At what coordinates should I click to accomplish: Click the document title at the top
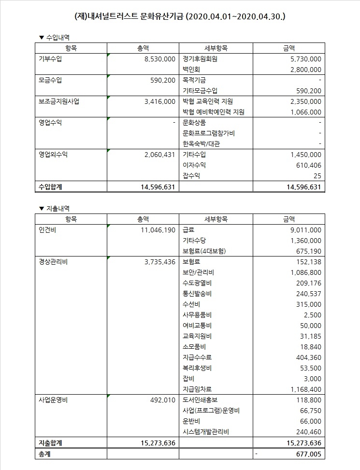180,16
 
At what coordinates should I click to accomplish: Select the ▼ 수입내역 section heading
57,37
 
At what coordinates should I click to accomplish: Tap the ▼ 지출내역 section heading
57,208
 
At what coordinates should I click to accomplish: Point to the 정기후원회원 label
200,59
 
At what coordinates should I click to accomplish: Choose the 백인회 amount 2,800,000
303,70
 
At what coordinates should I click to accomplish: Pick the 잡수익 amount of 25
317,176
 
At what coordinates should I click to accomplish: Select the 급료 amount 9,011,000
303,230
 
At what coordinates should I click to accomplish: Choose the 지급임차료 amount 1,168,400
303,389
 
